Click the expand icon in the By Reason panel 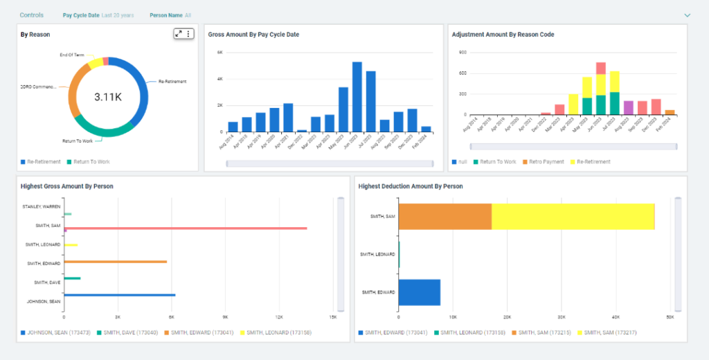point(179,33)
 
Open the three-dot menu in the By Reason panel point(188,33)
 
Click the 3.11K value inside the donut point(108,97)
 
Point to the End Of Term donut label point(72,55)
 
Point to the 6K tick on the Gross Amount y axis point(219,53)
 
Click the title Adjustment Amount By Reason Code point(503,34)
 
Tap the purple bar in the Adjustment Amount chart point(629,107)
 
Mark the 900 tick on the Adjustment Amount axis point(463,53)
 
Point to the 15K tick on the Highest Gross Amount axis point(333,316)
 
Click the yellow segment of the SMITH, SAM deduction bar point(573,217)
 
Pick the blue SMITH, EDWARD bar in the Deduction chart point(420,292)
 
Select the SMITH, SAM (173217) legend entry point(609,332)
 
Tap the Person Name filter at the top point(170,15)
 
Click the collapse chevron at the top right point(688,15)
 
